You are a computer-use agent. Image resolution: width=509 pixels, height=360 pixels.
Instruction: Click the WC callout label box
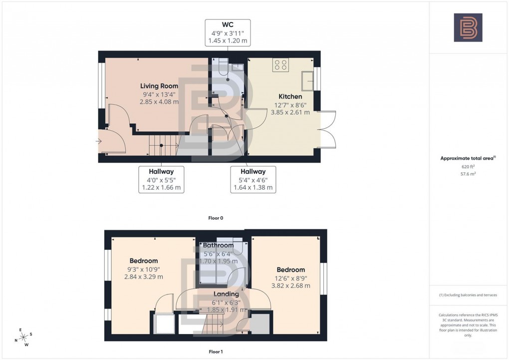(x=228, y=33)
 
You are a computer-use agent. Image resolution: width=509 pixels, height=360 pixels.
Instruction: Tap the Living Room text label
(x=159, y=86)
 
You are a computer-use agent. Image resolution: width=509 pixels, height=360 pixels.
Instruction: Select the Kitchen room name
(x=290, y=96)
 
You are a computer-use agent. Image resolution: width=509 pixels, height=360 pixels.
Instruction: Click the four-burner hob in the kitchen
(x=280, y=64)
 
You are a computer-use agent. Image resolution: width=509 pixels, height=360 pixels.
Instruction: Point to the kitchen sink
(x=307, y=78)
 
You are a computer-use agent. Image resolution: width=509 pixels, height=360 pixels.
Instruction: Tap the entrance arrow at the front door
(x=100, y=142)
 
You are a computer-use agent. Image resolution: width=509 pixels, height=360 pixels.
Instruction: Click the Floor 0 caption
(x=216, y=218)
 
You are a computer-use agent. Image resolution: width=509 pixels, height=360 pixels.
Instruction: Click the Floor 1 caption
(x=216, y=352)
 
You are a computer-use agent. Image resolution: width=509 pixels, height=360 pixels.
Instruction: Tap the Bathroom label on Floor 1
(x=218, y=245)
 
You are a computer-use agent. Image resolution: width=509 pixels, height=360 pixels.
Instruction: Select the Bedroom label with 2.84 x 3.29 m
(x=144, y=261)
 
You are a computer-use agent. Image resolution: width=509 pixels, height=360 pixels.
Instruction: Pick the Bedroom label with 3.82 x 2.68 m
(x=290, y=270)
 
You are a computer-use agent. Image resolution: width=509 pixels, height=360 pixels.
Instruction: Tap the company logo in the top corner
(x=468, y=27)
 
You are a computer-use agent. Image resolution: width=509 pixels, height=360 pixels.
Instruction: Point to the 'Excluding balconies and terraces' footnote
(x=468, y=295)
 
